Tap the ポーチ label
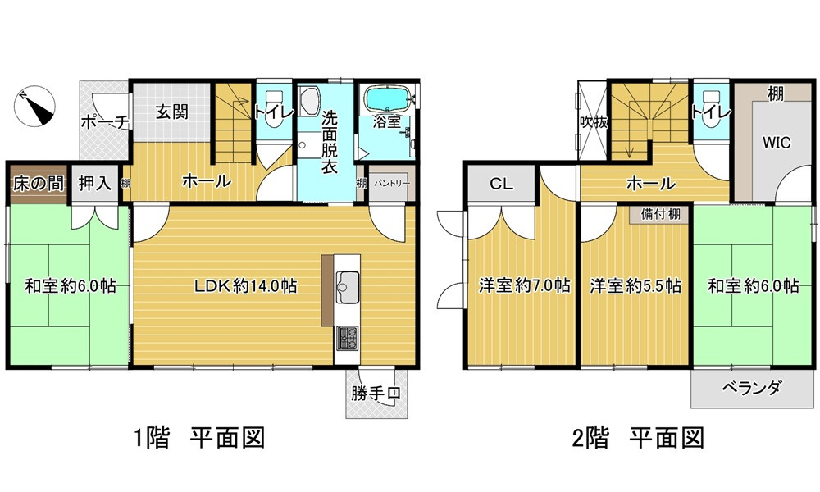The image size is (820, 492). pos(104,123)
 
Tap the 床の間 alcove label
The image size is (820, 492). pos(38,183)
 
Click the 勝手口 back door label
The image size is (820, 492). pos(376,393)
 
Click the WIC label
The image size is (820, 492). pos(776,142)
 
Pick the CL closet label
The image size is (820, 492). pos(501,184)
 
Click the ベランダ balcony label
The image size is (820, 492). pos(752,388)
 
